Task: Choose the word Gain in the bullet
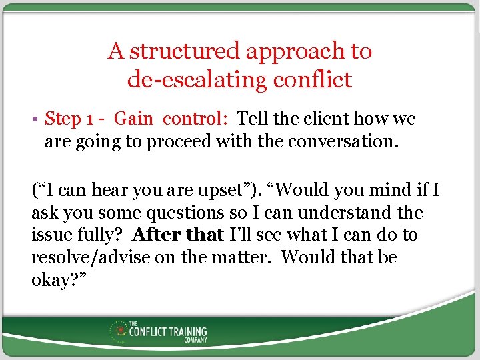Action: coord(133,119)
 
